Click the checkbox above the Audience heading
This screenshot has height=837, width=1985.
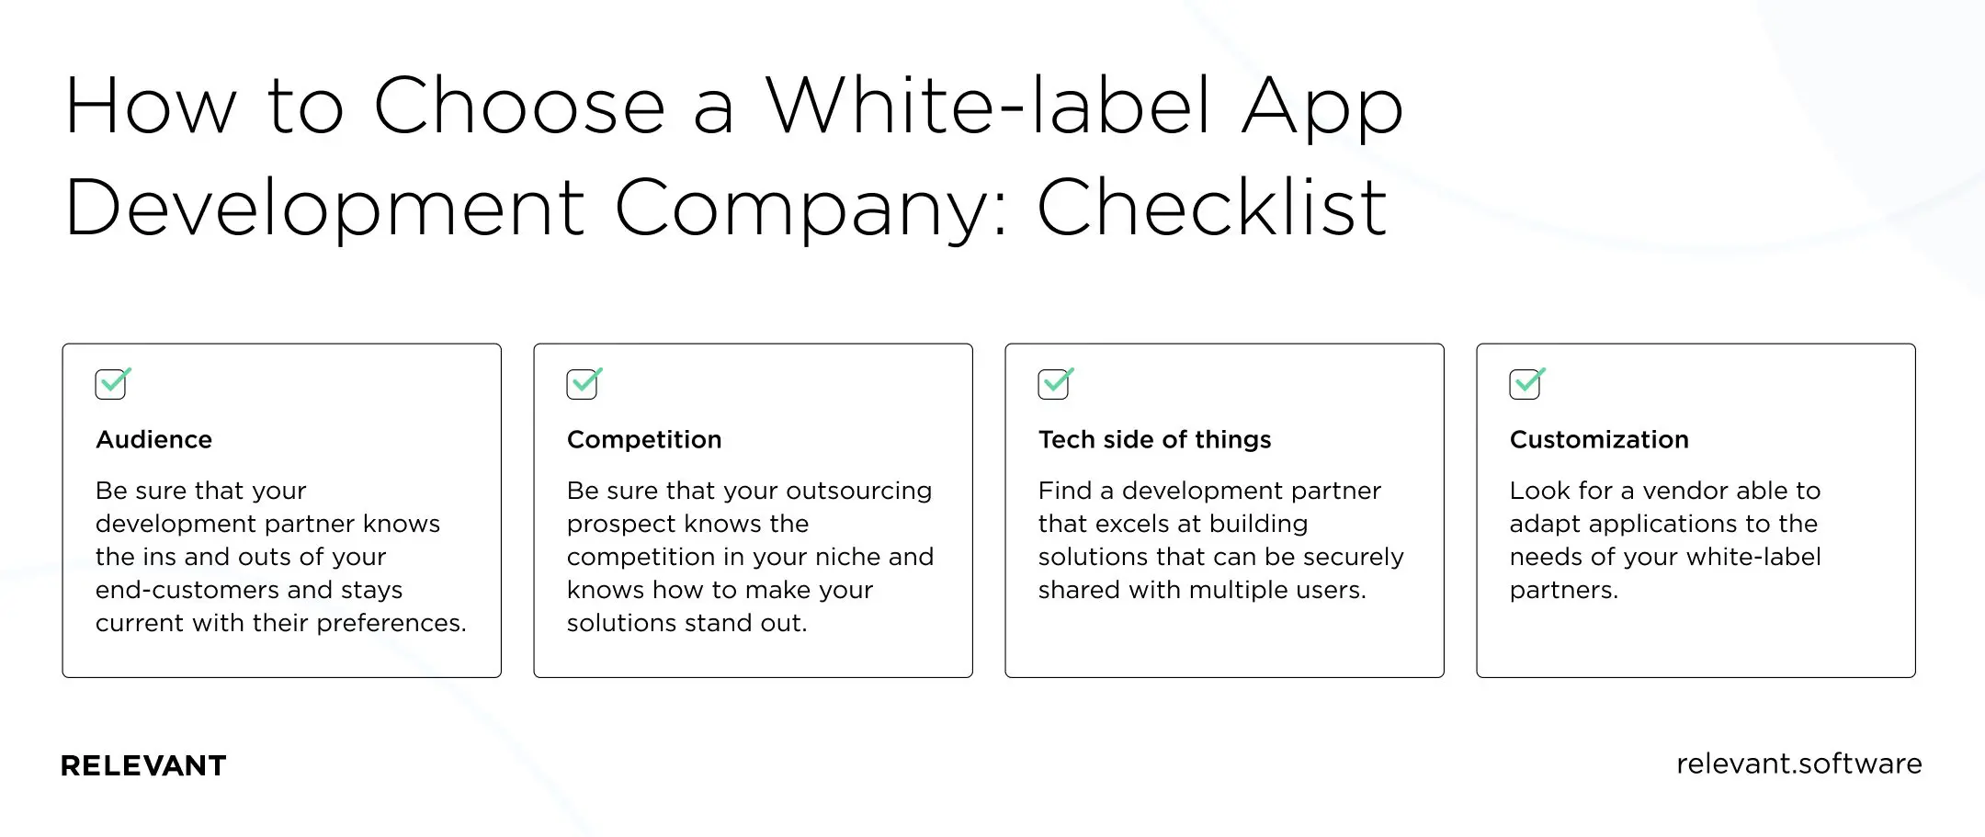point(112,383)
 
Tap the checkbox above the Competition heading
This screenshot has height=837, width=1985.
point(584,383)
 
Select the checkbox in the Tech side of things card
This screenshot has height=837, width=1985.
point(1055,383)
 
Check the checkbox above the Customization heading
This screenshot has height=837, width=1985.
point(1526,383)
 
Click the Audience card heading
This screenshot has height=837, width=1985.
point(153,439)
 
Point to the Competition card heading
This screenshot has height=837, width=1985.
point(644,439)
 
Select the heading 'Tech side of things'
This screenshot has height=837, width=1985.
point(1154,439)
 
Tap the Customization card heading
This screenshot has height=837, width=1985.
point(1599,439)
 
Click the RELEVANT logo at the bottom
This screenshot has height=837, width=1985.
point(143,765)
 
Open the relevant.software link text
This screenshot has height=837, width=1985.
point(1798,763)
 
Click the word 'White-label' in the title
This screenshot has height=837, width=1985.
point(988,106)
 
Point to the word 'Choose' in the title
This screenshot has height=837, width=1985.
point(519,106)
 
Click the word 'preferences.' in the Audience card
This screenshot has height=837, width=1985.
point(391,624)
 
